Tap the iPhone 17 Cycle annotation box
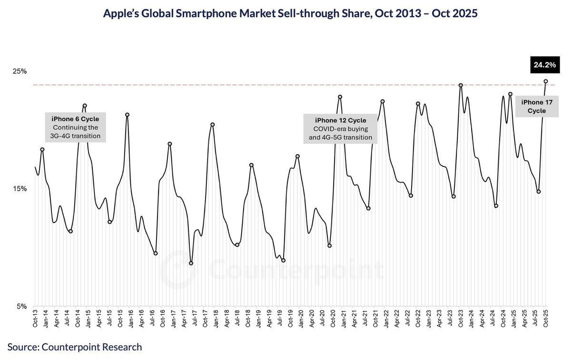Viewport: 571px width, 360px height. pos(537,106)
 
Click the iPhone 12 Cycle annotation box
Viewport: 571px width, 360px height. pos(340,128)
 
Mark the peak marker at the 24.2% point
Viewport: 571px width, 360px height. pos(546,81)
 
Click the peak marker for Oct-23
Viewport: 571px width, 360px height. pos(461,85)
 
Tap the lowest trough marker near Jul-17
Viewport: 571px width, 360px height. pos(191,263)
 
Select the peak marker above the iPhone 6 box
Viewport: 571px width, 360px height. pos(85,106)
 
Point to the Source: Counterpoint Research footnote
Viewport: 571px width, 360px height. pos(75,347)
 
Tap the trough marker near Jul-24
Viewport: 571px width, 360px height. pos(496,206)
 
